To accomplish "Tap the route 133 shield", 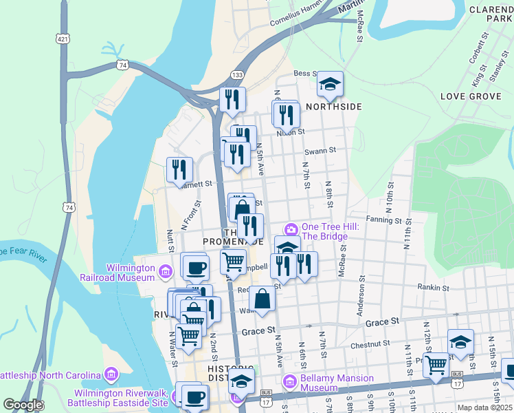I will click(237, 74).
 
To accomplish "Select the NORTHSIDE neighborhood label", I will click(333, 107).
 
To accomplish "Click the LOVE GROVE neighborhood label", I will click(471, 96).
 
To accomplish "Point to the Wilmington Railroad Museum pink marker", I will click(165, 273).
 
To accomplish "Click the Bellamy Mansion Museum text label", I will click(337, 383).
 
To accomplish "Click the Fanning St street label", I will click(383, 220).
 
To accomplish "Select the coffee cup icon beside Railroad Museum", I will click(195, 266).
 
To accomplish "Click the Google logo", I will click(22, 405).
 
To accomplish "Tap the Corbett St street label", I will click(474, 67).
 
